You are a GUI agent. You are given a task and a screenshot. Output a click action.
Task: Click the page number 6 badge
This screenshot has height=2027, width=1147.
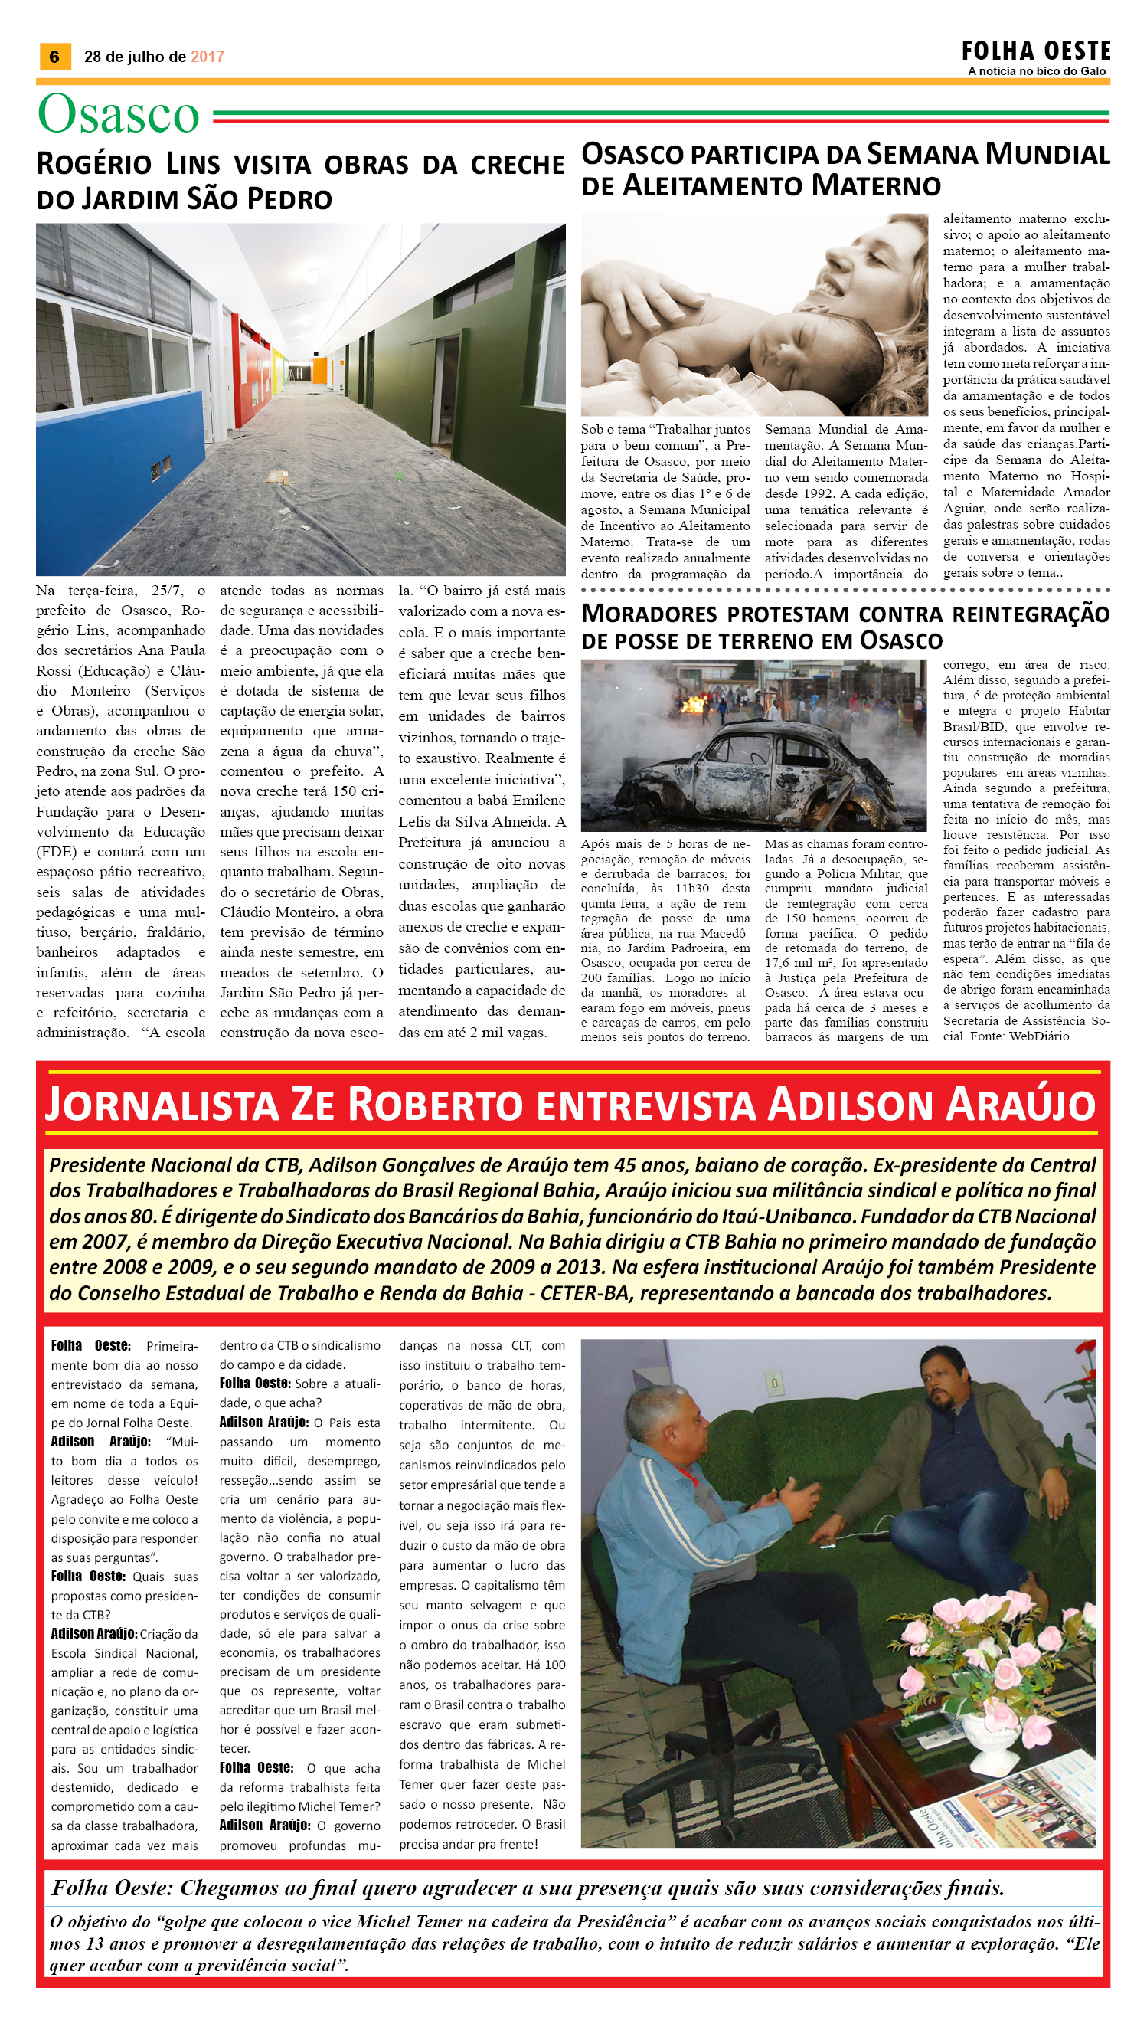(54, 57)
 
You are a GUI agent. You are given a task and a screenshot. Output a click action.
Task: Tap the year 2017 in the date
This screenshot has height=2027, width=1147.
(208, 57)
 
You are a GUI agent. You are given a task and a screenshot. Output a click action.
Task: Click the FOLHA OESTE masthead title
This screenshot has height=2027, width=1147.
(1035, 51)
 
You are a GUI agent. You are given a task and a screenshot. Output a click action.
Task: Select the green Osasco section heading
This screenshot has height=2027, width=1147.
(119, 115)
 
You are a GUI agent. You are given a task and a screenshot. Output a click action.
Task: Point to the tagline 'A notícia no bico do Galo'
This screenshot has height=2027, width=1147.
(1037, 72)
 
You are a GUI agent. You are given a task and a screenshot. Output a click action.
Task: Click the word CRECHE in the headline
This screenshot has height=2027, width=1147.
(517, 165)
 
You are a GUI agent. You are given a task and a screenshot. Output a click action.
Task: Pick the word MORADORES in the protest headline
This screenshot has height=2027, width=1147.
(649, 614)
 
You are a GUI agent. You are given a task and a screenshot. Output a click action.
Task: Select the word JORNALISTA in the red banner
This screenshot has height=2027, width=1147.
(162, 1105)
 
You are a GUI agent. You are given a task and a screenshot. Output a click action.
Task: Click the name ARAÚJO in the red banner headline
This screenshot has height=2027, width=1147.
(1020, 1105)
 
